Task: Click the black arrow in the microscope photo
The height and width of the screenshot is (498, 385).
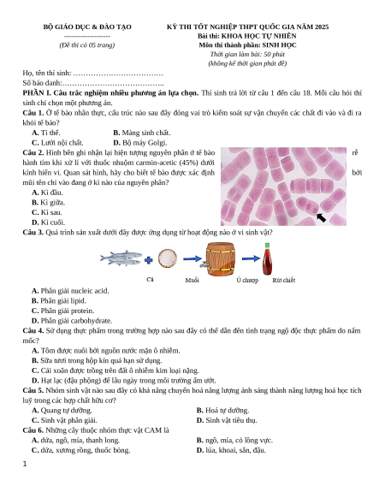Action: (321, 217)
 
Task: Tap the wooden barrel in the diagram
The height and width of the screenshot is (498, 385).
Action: (220, 259)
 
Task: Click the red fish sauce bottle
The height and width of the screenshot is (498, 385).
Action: (267, 259)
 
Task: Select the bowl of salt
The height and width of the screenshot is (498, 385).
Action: (168, 258)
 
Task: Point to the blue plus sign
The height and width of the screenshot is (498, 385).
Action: (148, 260)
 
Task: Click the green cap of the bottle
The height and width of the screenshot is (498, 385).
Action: (267, 246)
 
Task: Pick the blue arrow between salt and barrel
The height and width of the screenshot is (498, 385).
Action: (192, 259)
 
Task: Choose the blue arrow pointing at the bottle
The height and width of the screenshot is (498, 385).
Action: (251, 258)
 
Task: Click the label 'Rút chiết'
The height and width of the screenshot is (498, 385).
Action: (284, 280)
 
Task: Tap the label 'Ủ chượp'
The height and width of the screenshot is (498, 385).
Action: (247, 280)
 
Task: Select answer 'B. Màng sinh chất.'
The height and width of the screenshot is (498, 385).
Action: (142, 133)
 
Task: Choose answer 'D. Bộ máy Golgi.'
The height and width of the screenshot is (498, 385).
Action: (140, 143)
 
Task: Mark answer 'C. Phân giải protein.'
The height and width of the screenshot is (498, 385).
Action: (63, 311)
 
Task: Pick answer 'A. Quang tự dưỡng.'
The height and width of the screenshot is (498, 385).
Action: (62, 411)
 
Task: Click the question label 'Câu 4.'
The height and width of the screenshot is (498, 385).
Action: (33, 330)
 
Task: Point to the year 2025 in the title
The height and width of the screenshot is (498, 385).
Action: (322, 27)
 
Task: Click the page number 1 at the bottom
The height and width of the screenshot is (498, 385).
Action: (25, 464)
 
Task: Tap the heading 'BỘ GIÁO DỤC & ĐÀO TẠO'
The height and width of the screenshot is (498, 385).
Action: (87, 27)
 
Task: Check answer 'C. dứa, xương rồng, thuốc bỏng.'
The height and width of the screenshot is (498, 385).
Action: (80, 450)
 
